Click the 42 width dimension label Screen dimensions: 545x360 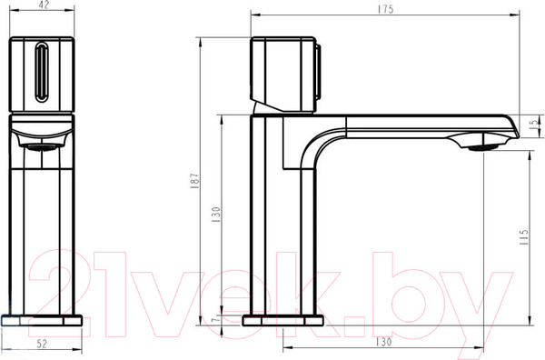pyautogui.click(x=43, y=5)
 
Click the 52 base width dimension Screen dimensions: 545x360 pyautogui.click(x=42, y=344)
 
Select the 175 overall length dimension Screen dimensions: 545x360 pyautogui.click(x=385, y=9)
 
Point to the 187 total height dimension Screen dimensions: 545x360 pyautogui.click(x=194, y=181)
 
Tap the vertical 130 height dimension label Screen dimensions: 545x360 pyautogui.click(x=216, y=215)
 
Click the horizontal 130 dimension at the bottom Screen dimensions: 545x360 pyautogui.click(x=383, y=342)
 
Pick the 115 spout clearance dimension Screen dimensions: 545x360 pyautogui.click(x=524, y=237)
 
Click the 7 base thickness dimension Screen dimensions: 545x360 pyautogui.click(x=216, y=318)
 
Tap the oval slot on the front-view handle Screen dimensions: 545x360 pyautogui.click(x=42, y=73)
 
